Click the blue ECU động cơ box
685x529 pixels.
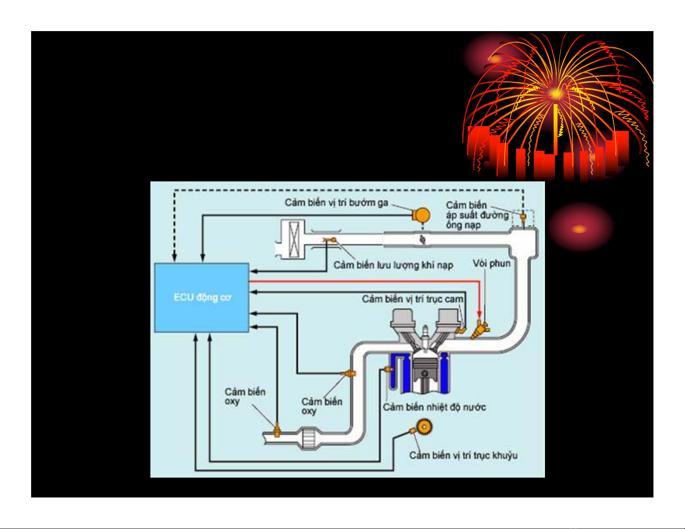(201, 297)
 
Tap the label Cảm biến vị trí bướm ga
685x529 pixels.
(336, 203)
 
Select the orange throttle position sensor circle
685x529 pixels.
(421, 215)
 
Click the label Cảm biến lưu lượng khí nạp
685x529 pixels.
(393, 265)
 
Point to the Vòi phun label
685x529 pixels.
(491, 263)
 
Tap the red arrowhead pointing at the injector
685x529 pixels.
(479, 314)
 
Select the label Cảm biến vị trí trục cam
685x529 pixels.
(412, 299)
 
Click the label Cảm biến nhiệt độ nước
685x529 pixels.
(434, 407)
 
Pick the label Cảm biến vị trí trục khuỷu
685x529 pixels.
(463, 455)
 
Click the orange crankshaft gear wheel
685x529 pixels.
(424, 428)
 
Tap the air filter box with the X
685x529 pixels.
(293, 239)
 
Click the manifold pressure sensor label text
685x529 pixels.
(477, 215)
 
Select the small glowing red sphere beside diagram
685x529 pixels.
(580, 228)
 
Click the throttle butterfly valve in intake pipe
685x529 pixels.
(423, 238)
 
